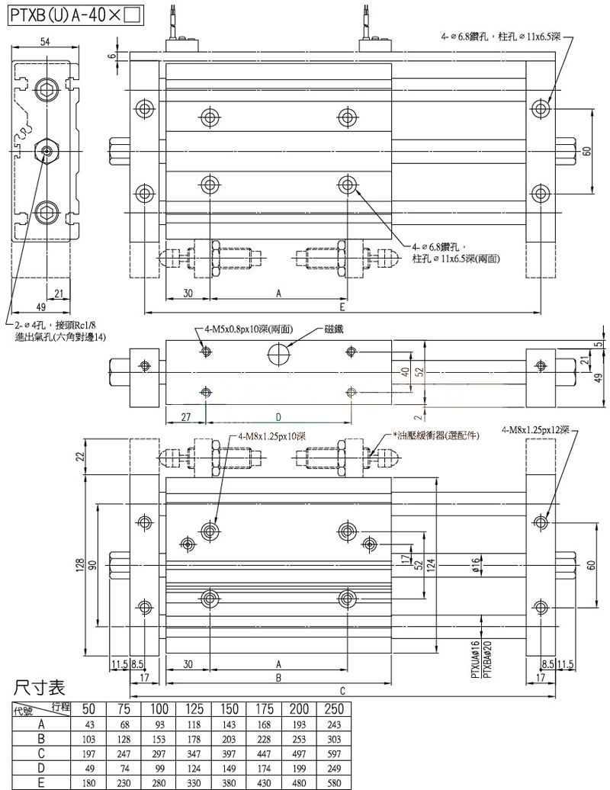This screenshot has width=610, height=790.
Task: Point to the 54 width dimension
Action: coord(45,43)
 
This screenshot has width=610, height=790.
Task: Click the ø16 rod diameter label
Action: coord(474,565)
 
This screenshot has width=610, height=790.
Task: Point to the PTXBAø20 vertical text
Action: coord(485,659)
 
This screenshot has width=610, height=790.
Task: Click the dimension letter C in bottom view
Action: coord(342,691)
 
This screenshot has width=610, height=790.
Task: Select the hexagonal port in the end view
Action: coord(47,149)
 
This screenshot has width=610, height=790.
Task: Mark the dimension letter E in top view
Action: coord(342,307)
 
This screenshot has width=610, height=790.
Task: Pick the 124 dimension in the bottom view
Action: coord(430,567)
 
